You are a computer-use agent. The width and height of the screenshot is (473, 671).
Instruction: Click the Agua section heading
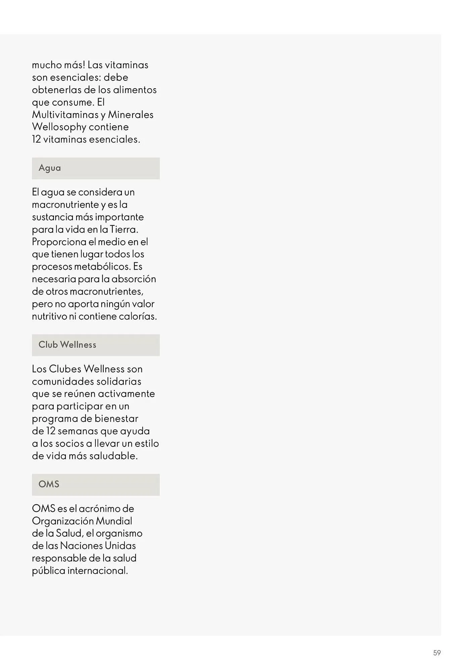(x=50, y=168)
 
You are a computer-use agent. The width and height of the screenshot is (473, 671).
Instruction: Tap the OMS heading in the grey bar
(x=49, y=484)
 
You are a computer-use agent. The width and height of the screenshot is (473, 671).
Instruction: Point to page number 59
(x=437, y=653)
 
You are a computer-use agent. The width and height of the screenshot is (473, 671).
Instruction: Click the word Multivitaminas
(x=65, y=115)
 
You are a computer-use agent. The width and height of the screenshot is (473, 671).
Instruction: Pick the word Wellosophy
(x=59, y=127)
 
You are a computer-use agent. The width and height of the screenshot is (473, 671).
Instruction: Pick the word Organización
(x=63, y=521)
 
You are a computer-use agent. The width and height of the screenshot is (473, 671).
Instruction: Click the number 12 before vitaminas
(x=36, y=140)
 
